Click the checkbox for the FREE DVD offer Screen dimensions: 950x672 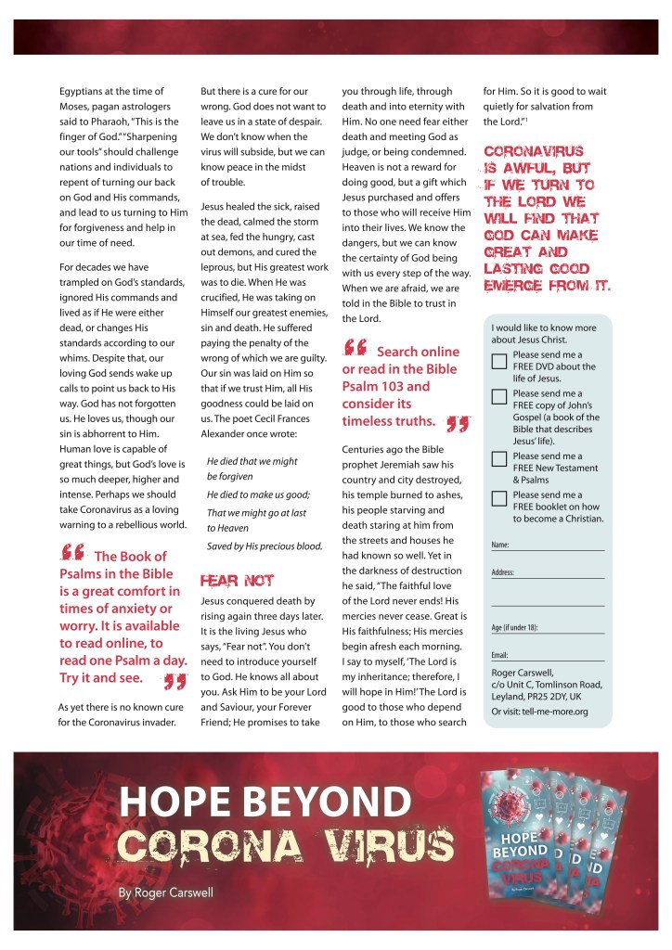coord(498,362)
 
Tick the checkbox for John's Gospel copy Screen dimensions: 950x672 coord(498,398)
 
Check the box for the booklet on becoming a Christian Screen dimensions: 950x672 coord(498,499)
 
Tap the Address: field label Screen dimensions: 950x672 coord(502,573)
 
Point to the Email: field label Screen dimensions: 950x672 coord(500,655)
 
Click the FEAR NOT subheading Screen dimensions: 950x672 coord(238,582)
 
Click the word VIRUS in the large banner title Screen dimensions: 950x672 coord(388,846)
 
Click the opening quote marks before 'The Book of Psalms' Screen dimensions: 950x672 coord(71,553)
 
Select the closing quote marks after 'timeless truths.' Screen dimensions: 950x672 coord(456,423)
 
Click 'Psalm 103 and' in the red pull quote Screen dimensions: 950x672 coord(387,387)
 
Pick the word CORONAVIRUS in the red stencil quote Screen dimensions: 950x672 coord(533,151)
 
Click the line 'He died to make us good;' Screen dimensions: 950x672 coord(257,494)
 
